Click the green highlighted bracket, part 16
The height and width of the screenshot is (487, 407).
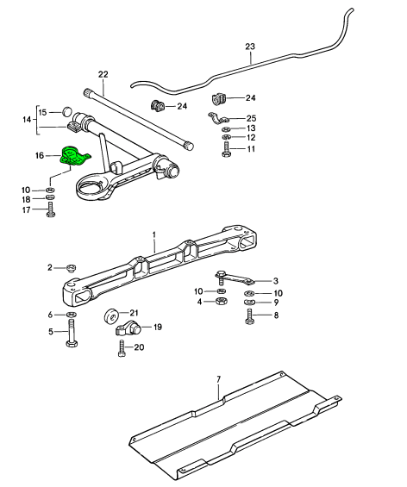[x=74, y=156]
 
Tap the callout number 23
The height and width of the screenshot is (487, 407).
[x=250, y=47]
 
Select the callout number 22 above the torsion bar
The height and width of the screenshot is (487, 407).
[x=103, y=74]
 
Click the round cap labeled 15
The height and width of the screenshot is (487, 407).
[x=67, y=111]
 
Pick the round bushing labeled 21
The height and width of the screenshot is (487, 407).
[x=110, y=317]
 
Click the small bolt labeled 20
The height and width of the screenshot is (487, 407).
[x=122, y=348]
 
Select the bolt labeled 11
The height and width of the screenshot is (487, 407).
[x=226, y=150]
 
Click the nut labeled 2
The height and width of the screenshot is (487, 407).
[x=72, y=267]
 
